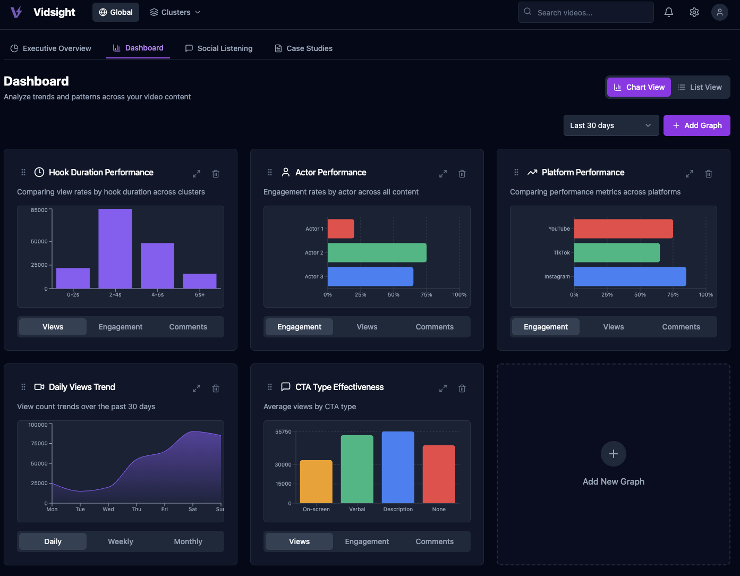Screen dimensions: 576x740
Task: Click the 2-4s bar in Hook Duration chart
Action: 115,249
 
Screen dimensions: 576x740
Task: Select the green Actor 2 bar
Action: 377,252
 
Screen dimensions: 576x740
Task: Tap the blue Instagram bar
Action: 630,276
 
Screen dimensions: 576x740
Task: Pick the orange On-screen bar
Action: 316,481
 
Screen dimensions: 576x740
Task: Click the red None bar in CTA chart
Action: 439,474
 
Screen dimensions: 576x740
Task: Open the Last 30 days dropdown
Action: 611,125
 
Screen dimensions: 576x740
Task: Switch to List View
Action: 700,87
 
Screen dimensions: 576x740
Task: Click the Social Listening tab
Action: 219,48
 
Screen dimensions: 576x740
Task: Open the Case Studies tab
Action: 303,48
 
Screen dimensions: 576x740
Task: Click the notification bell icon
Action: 669,12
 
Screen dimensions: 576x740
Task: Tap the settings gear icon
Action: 694,12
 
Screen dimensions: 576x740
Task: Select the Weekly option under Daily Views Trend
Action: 121,541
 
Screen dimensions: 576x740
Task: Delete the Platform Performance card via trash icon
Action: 709,174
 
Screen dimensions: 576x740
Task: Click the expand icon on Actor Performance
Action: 443,174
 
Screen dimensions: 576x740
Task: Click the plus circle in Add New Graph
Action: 614,454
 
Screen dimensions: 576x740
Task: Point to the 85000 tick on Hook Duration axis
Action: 39,210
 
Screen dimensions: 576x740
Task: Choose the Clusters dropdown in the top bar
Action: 175,12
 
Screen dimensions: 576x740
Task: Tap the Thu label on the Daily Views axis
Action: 137,509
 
